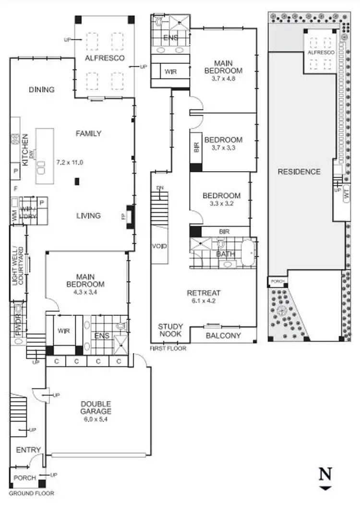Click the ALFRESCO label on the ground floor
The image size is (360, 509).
pyautogui.click(x=105, y=58)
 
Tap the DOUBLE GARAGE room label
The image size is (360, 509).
pyautogui.click(x=96, y=407)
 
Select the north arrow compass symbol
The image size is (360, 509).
pyautogui.click(x=325, y=478)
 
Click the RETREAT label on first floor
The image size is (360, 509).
pyautogui.click(x=204, y=293)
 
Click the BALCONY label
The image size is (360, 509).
pyautogui.click(x=223, y=336)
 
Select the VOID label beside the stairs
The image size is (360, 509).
pyautogui.click(x=160, y=247)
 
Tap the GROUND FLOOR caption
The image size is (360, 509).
pyautogui.click(x=32, y=493)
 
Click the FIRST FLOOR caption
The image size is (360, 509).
pyautogui.click(x=168, y=348)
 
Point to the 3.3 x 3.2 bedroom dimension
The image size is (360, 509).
pyautogui.click(x=221, y=203)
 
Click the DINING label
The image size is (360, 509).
pyautogui.click(x=41, y=90)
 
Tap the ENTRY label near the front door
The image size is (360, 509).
pyautogui.click(x=28, y=450)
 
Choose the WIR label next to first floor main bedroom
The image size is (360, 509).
pyautogui.click(x=169, y=71)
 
